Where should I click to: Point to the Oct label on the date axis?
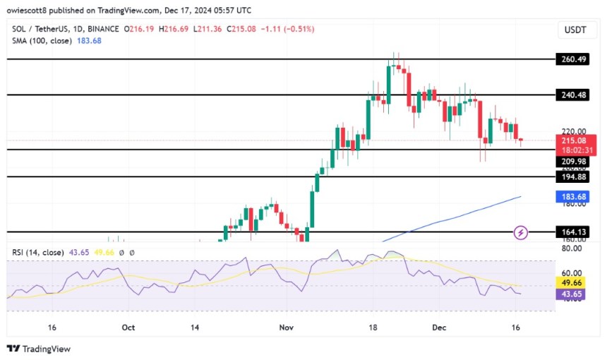(x=128, y=328)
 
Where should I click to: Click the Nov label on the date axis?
(x=286, y=328)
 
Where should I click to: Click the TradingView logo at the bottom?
(x=38, y=349)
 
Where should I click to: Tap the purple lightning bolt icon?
(x=521, y=232)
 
